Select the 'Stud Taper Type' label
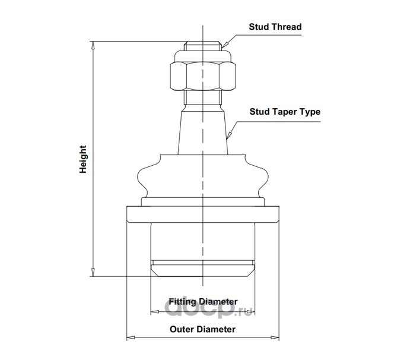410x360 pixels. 285,112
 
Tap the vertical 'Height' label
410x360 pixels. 84,159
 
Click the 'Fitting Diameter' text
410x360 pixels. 203,301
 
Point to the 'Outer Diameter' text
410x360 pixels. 203,329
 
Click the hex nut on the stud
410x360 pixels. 202,74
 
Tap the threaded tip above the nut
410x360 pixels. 202,46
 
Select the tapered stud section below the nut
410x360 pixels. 202,131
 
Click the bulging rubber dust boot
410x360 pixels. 202,175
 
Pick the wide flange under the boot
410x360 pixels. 202,213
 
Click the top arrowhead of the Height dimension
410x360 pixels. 93,44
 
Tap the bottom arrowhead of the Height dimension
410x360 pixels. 93,273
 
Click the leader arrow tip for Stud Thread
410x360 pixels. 223,45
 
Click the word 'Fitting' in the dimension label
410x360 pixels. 182,301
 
